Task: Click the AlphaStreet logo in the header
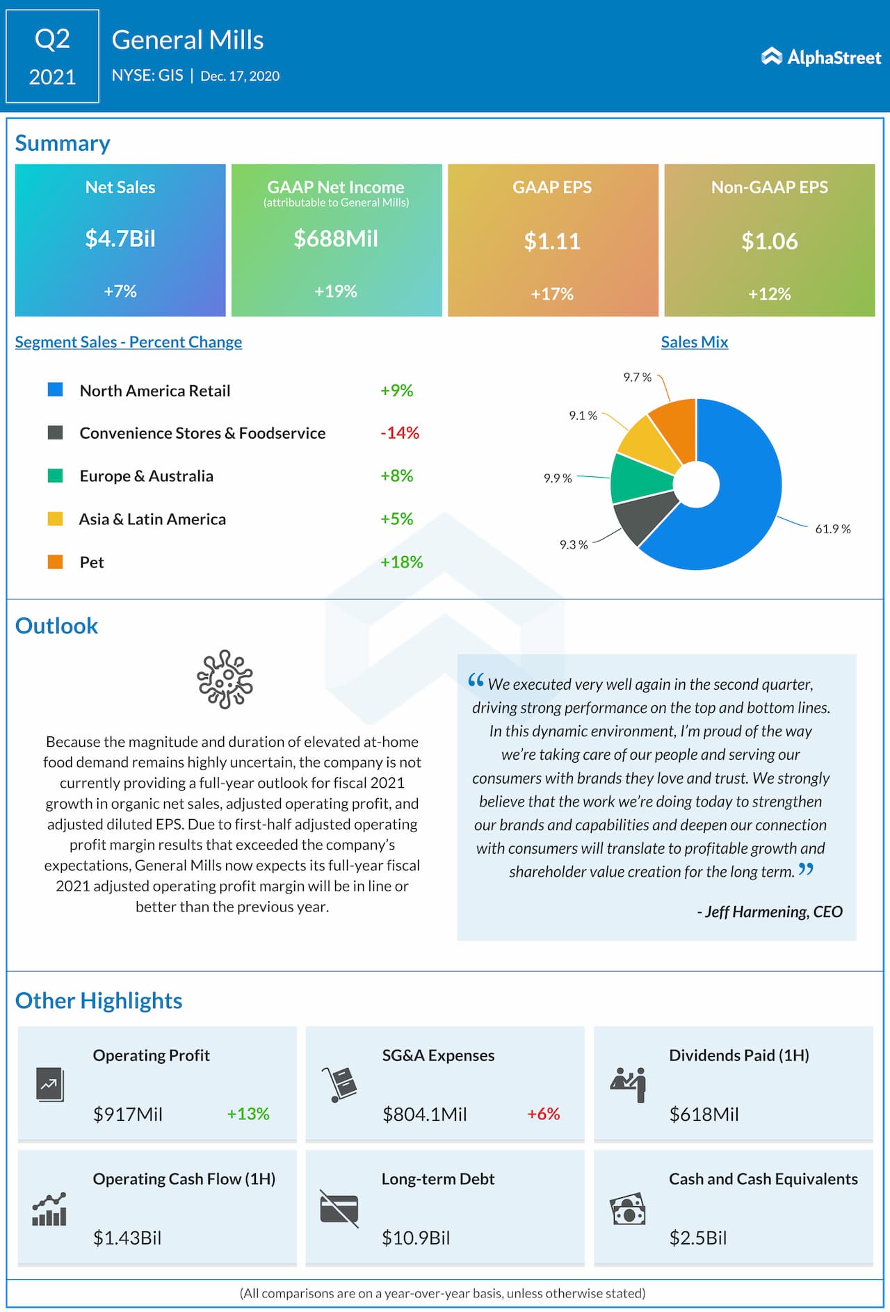[x=821, y=57]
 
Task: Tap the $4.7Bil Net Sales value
[x=120, y=239]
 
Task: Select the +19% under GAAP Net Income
[x=336, y=291]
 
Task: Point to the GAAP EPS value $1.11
[x=552, y=241]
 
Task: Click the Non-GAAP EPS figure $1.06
[x=769, y=241]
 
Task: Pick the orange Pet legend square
[x=55, y=562]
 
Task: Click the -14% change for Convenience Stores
[x=400, y=433]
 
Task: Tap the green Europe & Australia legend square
[x=55, y=476]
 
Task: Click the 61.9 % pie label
[x=832, y=529]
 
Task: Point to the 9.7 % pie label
[x=637, y=378]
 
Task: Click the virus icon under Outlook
[x=225, y=679]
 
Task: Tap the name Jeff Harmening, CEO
[x=770, y=912]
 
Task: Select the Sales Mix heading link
[x=694, y=342]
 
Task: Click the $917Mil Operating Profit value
[x=128, y=1115]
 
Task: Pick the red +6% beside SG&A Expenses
[x=543, y=1114]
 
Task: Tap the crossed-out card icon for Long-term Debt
[x=339, y=1209]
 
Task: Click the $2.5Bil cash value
[x=697, y=1238]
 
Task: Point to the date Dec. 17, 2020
[x=240, y=76]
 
